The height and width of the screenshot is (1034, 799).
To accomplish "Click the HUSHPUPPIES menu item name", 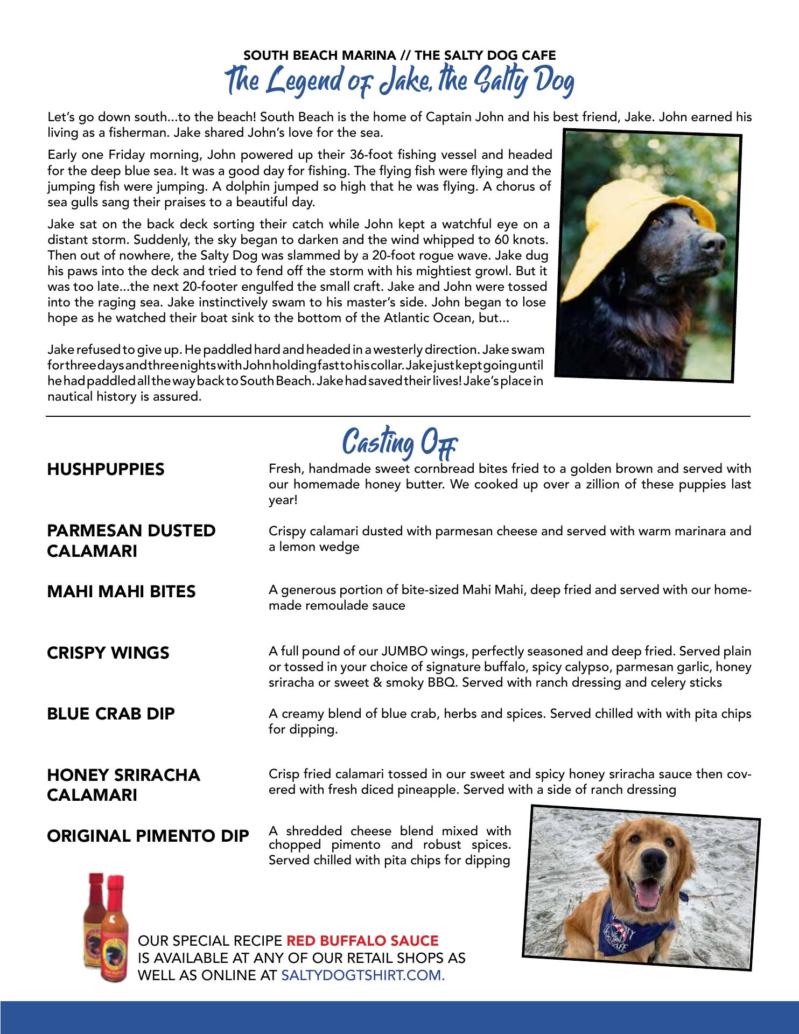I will pos(106,469).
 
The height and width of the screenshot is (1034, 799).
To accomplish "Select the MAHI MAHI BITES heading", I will pos(121,592).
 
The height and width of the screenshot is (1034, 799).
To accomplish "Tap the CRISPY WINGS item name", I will pos(108,653).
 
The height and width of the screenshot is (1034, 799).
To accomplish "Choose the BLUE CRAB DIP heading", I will pos(111,714).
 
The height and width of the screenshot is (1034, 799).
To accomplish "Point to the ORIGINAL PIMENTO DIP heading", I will pos(148,836).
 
